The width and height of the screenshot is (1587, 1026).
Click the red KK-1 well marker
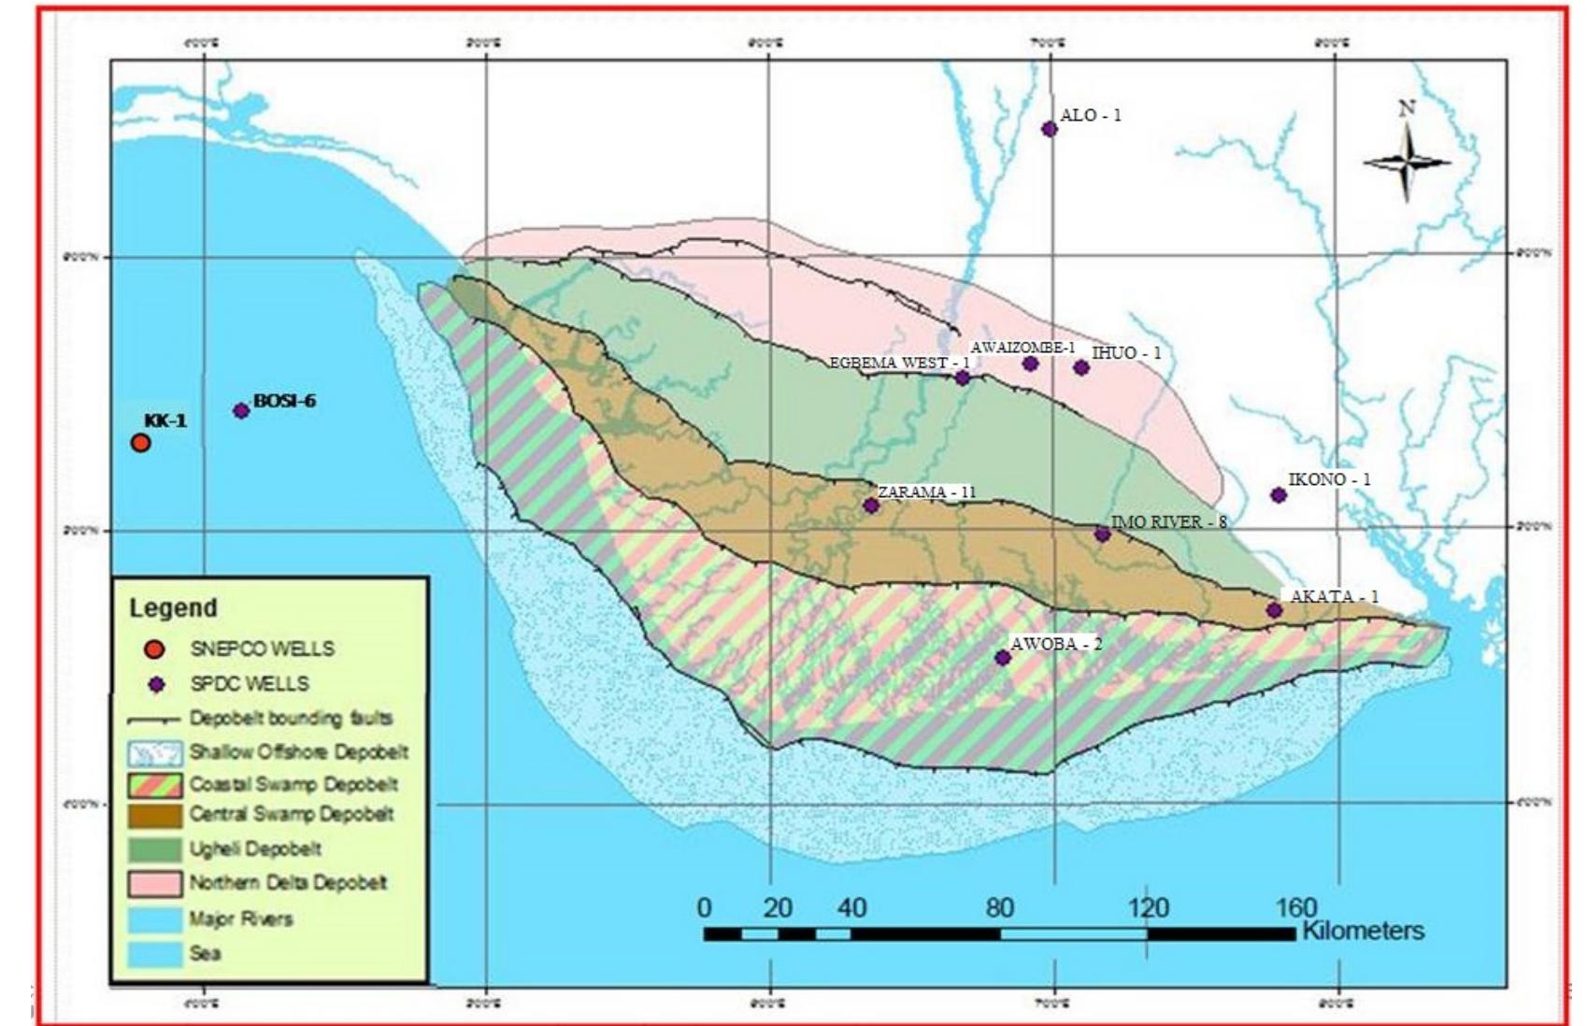(x=140, y=443)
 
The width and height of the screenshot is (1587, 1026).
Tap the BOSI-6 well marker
(x=241, y=410)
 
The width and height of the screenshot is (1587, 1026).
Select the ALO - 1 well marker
(x=1050, y=129)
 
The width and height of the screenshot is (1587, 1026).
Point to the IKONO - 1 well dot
(x=1279, y=495)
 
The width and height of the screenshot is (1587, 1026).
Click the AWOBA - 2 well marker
(x=1003, y=658)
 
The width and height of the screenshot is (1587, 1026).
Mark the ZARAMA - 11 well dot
(x=871, y=506)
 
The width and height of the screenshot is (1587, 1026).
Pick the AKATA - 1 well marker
(x=1274, y=610)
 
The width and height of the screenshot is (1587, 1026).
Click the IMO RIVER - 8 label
(x=1168, y=522)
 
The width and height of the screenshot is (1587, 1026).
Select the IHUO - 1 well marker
(x=1081, y=368)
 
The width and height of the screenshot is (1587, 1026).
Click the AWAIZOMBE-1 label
(x=1022, y=348)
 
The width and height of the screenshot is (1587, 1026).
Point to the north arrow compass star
(x=1407, y=162)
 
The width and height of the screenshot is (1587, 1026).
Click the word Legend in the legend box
(x=173, y=608)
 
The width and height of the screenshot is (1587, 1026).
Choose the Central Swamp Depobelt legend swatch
(x=155, y=815)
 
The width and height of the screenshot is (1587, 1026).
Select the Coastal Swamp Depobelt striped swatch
(x=155, y=784)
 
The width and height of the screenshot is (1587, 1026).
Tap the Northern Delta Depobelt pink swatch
(x=155, y=883)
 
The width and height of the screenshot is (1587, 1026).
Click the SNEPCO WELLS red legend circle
(x=155, y=648)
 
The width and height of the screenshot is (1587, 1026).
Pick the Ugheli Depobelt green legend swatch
(x=155, y=849)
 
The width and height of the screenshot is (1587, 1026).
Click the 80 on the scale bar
(x=999, y=907)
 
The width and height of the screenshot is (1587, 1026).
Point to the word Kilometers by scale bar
(x=1363, y=931)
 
